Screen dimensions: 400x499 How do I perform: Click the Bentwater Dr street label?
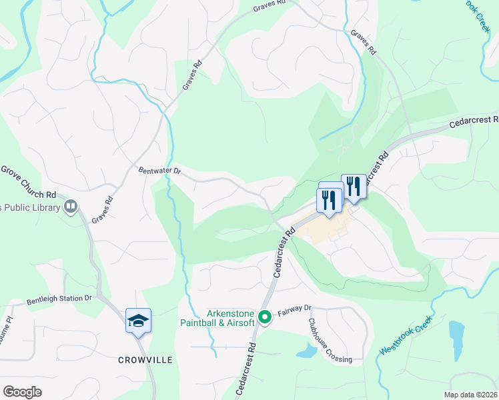point(159,171)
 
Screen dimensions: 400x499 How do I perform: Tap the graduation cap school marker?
point(139,321)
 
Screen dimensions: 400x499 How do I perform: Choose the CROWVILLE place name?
point(145,360)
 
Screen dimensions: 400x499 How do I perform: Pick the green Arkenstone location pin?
point(265,317)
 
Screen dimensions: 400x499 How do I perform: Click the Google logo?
point(22,392)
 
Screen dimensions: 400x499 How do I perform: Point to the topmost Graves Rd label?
point(270,6)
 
